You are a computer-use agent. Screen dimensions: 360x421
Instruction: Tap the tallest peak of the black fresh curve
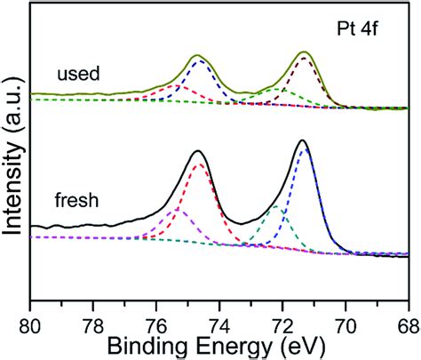tap(303, 141)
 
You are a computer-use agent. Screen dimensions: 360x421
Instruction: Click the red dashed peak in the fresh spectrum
tap(198, 163)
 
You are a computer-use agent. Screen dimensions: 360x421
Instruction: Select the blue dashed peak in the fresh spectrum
tap(304, 151)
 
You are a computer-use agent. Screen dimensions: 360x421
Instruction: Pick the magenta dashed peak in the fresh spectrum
tap(172, 211)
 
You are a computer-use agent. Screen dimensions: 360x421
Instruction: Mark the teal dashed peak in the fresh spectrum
tap(276, 207)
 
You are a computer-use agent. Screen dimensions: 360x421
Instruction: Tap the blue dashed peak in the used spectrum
tap(199, 62)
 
